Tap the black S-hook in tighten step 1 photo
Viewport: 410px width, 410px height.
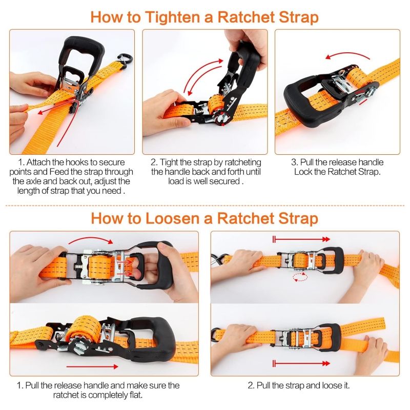[x=126, y=61]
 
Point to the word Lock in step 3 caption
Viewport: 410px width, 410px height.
[x=302, y=172]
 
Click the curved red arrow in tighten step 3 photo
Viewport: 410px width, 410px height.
[x=348, y=55]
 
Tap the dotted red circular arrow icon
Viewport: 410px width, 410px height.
[x=300, y=277]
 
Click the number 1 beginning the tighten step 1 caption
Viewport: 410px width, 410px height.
[x=20, y=162]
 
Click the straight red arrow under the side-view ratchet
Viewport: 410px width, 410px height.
[x=92, y=367]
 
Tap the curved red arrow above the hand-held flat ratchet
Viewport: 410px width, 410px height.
[x=91, y=238]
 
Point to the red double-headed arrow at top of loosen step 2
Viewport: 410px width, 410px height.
[x=301, y=239]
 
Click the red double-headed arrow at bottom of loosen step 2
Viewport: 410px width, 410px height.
[x=301, y=363]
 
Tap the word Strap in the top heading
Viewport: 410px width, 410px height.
[x=299, y=18]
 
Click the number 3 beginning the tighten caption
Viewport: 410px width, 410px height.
[x=294, y=162]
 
